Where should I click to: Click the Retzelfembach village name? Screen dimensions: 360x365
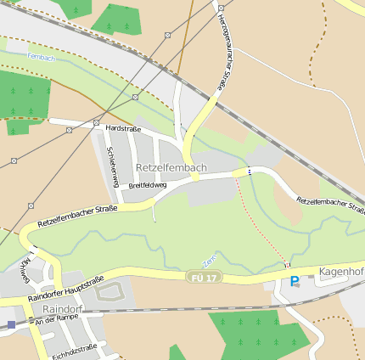tap(171, 167)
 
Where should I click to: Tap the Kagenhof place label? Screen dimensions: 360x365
tap(341, 272)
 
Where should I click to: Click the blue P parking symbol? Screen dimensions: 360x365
tap(295, 281)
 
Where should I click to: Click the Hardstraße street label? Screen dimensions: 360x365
tap(123, 128)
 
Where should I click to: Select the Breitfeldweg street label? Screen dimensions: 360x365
tap(148, 184)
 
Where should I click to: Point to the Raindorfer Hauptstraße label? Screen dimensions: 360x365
tap(65, 289)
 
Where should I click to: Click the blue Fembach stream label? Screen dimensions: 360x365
tap(40, 56)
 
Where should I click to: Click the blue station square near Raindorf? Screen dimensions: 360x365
tap(11, 324)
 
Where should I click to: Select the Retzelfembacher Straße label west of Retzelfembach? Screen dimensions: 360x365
tap(76, 216)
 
